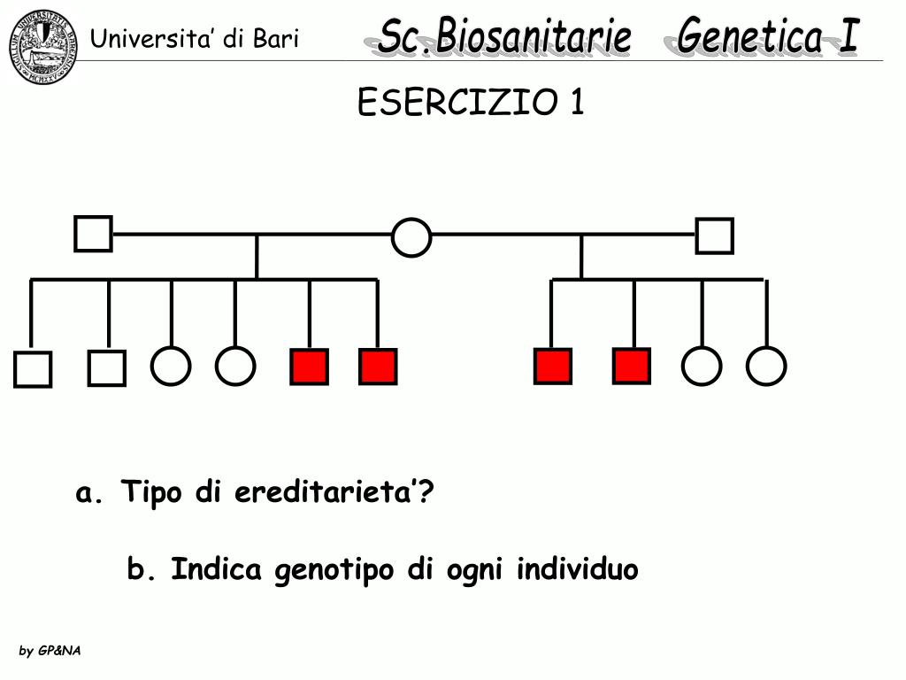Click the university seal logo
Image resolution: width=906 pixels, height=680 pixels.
pos(43,46)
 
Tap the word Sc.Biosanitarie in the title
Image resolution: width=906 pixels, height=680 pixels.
pos(504,37)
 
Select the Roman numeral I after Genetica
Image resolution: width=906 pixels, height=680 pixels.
pos(847,37)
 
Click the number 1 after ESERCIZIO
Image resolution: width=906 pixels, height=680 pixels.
pos(576,104)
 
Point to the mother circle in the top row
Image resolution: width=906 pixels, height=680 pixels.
pos(411,237)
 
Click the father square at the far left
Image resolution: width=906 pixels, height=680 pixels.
pos(93,234)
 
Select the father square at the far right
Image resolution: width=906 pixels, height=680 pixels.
pos(714,236)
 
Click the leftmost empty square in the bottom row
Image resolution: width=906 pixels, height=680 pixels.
pos(33,369)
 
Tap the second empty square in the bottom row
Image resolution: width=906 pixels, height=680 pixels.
pos(107,367)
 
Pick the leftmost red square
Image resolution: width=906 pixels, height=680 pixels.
pos(309,367)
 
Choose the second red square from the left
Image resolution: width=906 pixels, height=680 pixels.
pos(378,367)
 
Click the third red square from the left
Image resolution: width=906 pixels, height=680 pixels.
pos(552,366)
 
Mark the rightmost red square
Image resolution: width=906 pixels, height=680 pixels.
pos(632,366)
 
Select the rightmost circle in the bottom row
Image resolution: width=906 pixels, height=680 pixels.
pos(766,366)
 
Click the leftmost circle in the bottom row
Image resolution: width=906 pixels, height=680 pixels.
pos(171,366)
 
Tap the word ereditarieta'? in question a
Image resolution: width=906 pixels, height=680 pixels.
pos(334,492)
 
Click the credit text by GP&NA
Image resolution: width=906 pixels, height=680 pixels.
pos(50,651)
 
